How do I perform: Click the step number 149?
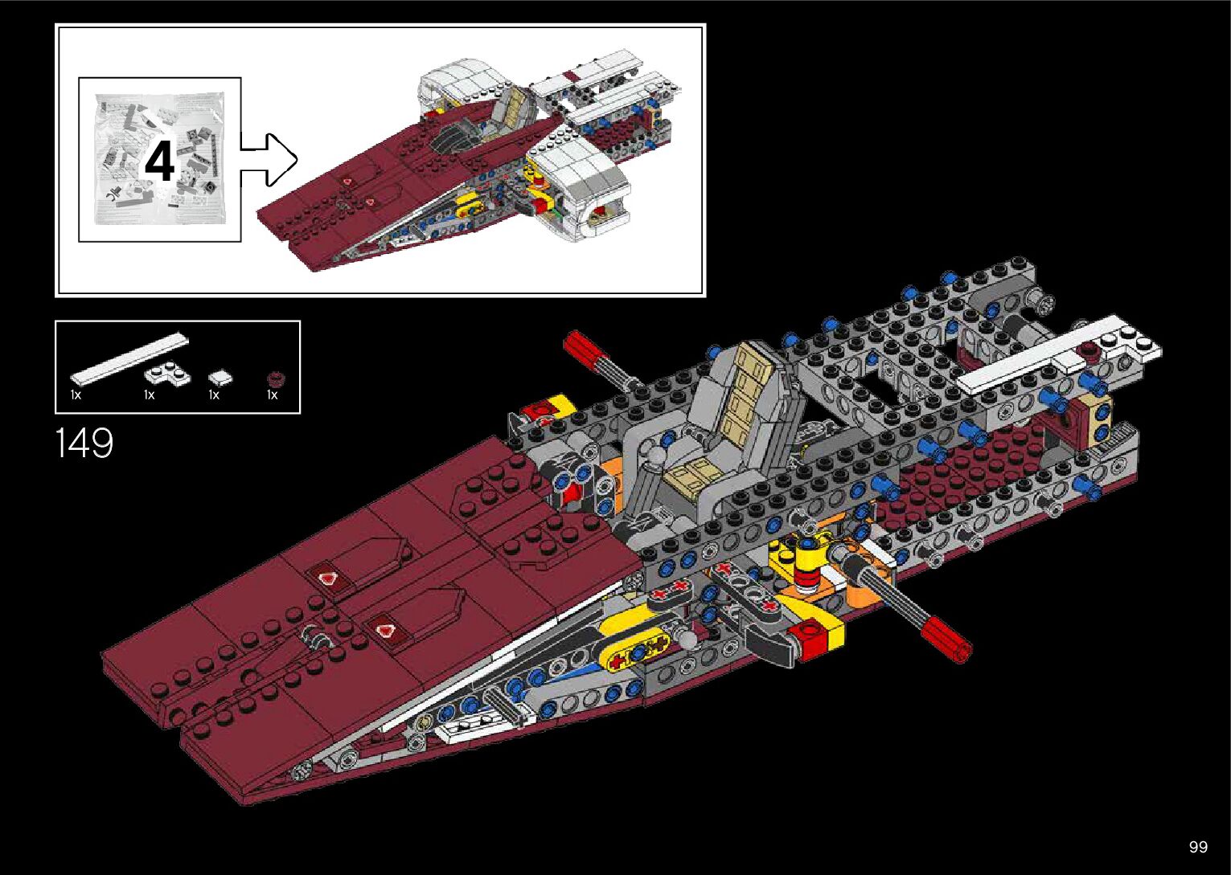(84, 443)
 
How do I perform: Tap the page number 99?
(1198, 847)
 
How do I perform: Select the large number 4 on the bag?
(159, 162)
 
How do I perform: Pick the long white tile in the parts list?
(129, 357)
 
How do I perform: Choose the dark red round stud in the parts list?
(275, 378)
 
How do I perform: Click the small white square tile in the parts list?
(220, 376)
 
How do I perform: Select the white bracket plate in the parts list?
(167, 373)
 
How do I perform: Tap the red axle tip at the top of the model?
(578, 347)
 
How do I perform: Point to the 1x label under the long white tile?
(76, 395)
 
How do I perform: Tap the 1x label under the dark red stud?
(273, 395)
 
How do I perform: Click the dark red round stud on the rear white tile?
(1090, 349)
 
